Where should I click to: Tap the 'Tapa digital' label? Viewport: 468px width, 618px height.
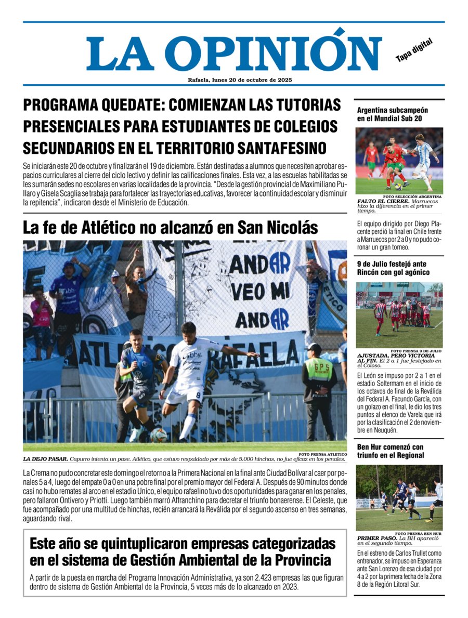point(414,50)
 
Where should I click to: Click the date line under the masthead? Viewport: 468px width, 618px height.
point(240,80)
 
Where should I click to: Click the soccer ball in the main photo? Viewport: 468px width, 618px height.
point(159,435)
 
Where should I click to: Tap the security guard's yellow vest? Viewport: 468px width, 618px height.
point(318,370)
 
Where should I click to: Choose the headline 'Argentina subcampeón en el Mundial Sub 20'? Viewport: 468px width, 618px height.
point(393,114)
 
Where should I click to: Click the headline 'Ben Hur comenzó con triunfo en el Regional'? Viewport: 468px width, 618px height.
point(391,451)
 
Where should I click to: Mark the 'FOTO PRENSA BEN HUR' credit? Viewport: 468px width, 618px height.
point(418,534)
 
